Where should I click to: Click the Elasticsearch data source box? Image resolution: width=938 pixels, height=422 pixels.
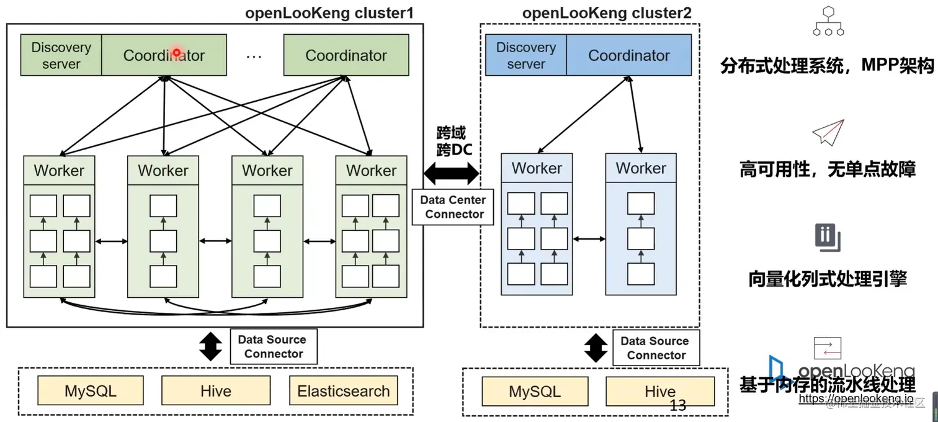pos(343,391)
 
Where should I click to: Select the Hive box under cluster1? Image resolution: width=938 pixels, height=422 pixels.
pos(216,391)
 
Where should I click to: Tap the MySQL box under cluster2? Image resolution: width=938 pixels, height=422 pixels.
pos(535,392)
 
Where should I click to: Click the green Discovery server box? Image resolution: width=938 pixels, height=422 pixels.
pos(61,55)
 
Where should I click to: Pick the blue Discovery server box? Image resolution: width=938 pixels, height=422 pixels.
pos(525,55)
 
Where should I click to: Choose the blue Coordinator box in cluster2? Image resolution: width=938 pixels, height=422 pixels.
pos(628,55)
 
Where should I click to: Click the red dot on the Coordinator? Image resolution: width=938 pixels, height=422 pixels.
pos(176,53)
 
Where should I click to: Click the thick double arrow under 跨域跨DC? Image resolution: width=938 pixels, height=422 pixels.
pos(451,173)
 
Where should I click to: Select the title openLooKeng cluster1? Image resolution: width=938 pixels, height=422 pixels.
pos(329,12)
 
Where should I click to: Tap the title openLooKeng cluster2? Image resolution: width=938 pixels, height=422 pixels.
pos(607,12)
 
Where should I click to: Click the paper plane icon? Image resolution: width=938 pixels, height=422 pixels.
pos(828,132)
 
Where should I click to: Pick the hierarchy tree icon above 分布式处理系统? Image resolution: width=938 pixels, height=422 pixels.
pos(828,22)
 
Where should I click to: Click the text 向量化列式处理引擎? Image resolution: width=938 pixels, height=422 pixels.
pos(828,279)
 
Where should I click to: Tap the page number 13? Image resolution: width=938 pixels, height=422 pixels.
pos(678,406)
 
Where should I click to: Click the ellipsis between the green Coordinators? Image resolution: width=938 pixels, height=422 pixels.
pos(254,56)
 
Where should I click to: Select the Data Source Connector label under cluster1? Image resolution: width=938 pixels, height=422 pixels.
pos(272,346)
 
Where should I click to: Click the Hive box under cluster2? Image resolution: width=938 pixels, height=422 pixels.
pos(659,392)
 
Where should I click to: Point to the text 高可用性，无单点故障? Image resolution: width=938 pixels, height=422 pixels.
pos(828,169)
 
